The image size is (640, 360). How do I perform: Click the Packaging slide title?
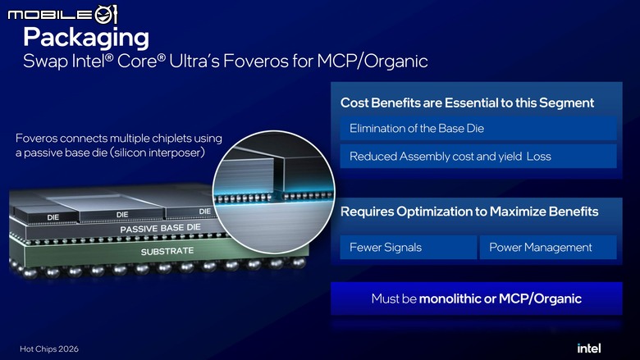86,39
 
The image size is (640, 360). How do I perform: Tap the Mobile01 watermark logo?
63,14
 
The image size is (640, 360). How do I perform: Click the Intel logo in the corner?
588,349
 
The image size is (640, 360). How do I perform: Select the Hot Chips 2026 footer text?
49,349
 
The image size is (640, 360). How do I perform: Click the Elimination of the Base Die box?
478,129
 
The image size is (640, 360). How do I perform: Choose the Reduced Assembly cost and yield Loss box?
478,156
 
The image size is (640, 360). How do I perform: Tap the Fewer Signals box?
408,247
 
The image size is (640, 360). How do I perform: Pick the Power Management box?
548,247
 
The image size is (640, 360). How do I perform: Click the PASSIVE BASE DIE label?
160,228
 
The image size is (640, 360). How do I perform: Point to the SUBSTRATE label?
167,251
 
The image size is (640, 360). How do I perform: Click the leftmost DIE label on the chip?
53,217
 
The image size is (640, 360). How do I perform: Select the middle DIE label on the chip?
122,215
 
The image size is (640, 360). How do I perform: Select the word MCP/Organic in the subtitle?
373,62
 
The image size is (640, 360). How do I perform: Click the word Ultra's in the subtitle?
194,62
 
